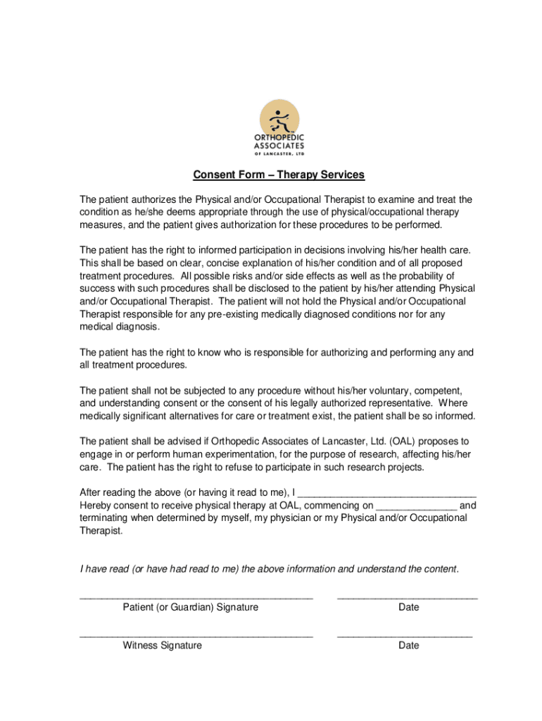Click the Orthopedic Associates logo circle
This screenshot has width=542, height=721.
279,118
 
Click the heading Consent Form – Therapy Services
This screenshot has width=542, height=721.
279,175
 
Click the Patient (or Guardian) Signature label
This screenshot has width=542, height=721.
190,607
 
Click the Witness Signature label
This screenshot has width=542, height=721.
162,645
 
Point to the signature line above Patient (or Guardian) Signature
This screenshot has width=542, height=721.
196,597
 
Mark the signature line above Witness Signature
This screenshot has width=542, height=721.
196,635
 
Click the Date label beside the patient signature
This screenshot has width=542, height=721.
408,607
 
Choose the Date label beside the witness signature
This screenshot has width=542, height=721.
408,645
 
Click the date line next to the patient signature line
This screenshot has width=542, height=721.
407,597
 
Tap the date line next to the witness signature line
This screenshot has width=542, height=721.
404,635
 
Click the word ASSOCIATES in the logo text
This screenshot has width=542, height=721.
279,145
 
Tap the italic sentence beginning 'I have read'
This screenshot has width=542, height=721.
269,569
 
